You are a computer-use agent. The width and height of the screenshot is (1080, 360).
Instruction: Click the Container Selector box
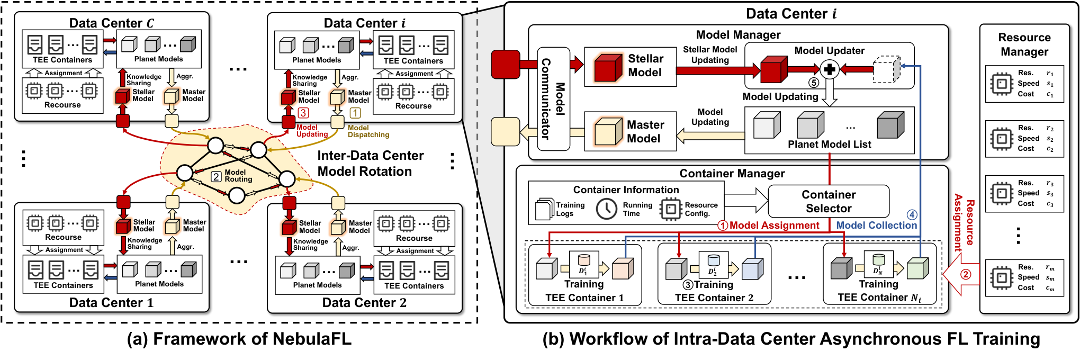click(829, 201)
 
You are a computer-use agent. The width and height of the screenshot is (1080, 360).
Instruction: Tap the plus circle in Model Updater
click(830, 69)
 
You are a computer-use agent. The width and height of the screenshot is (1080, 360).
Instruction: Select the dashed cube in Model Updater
click(886, 69)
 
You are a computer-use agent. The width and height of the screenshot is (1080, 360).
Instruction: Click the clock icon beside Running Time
click(606, 209)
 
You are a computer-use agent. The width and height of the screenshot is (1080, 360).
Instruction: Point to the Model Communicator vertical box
click(554, 99)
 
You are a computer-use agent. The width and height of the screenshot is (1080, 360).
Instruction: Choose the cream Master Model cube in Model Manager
click(608, 131)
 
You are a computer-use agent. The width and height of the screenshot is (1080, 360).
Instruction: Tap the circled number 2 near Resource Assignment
click(966, 274)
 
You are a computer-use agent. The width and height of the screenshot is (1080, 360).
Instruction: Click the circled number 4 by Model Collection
click(912, 214)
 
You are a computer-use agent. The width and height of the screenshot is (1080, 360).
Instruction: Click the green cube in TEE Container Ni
click(918, 268)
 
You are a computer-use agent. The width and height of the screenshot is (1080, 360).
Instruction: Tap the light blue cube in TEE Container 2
click(753, 269)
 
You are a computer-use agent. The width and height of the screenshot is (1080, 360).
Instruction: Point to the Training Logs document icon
click(545, 209)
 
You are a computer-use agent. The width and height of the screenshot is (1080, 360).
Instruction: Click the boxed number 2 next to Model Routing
click(216, 177)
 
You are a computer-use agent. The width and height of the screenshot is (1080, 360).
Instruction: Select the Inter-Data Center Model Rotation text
click(371, 164)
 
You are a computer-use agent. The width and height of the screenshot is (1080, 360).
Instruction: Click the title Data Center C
click(112, 23)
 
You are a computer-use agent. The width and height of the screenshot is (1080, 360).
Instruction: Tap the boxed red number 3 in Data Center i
click(303, 113)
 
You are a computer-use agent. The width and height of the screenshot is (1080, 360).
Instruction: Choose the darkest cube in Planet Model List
click(890, 125)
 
